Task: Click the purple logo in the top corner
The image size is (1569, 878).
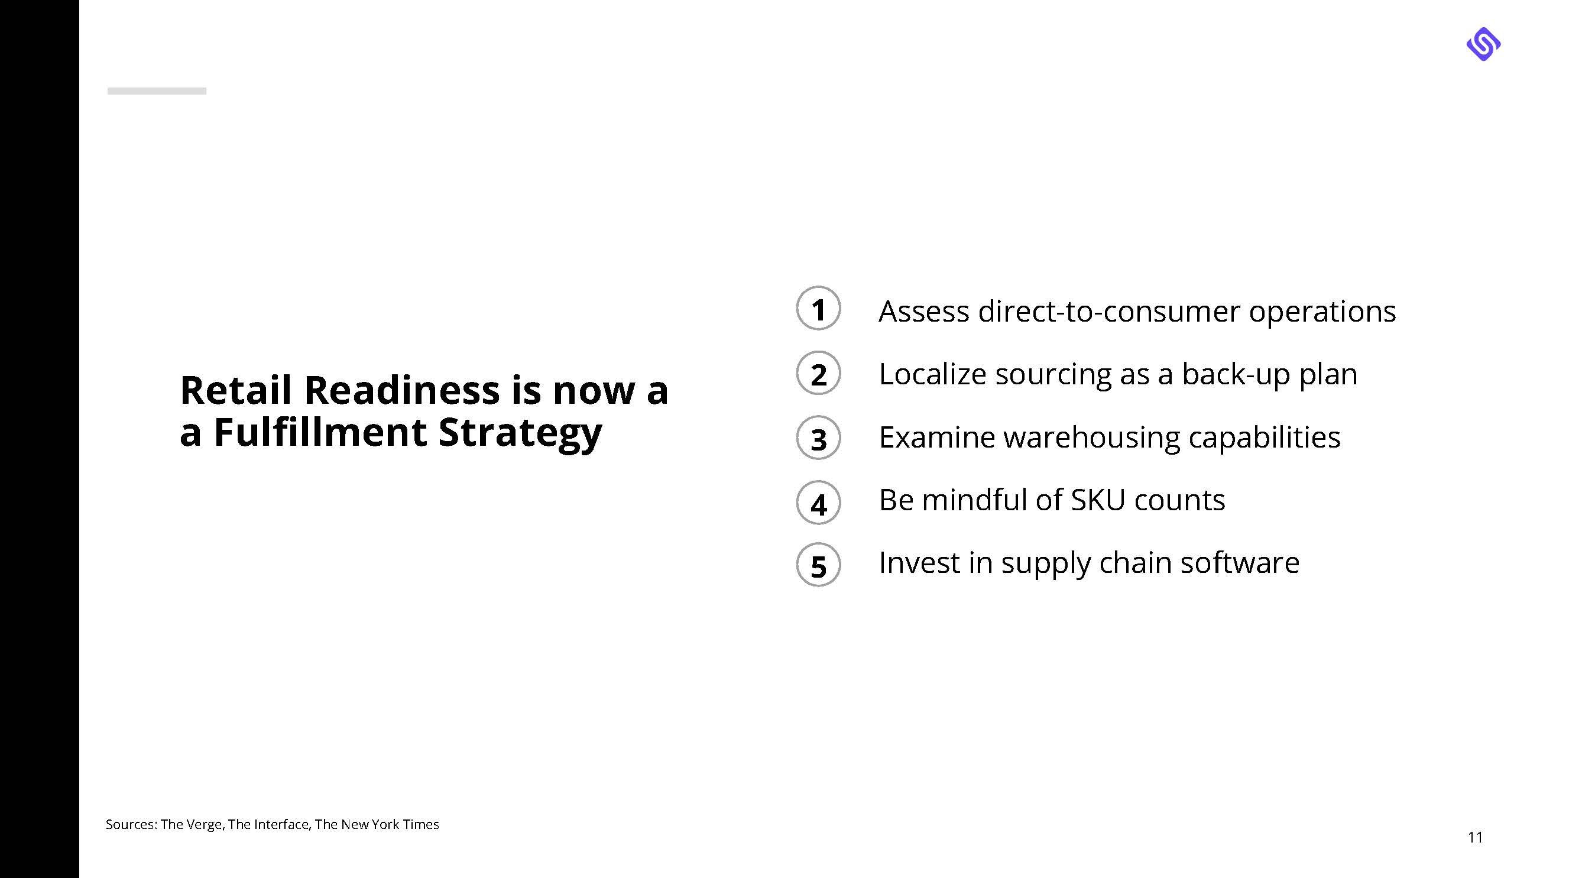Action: tap(1483, 44)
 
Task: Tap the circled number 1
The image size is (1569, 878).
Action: tap(818, 308)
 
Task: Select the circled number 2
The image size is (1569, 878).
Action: tap(818, 373)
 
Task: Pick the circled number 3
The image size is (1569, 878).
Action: tap(818, 438)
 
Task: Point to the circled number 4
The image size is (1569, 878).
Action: tap(818, 503)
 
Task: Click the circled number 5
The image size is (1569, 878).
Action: tap(818, 565)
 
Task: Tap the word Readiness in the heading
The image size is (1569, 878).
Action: tap(402, 390)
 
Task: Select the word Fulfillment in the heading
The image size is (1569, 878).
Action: tap(320, 432)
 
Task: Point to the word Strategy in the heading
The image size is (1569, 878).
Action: tap(520, 434)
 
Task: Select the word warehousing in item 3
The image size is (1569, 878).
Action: tap(1091, 438)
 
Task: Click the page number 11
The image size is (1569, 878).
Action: tap(1475, 837)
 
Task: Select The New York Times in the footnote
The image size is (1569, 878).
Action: tap(377, 824)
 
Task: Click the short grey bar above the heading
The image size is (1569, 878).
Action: tap(157, 91)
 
